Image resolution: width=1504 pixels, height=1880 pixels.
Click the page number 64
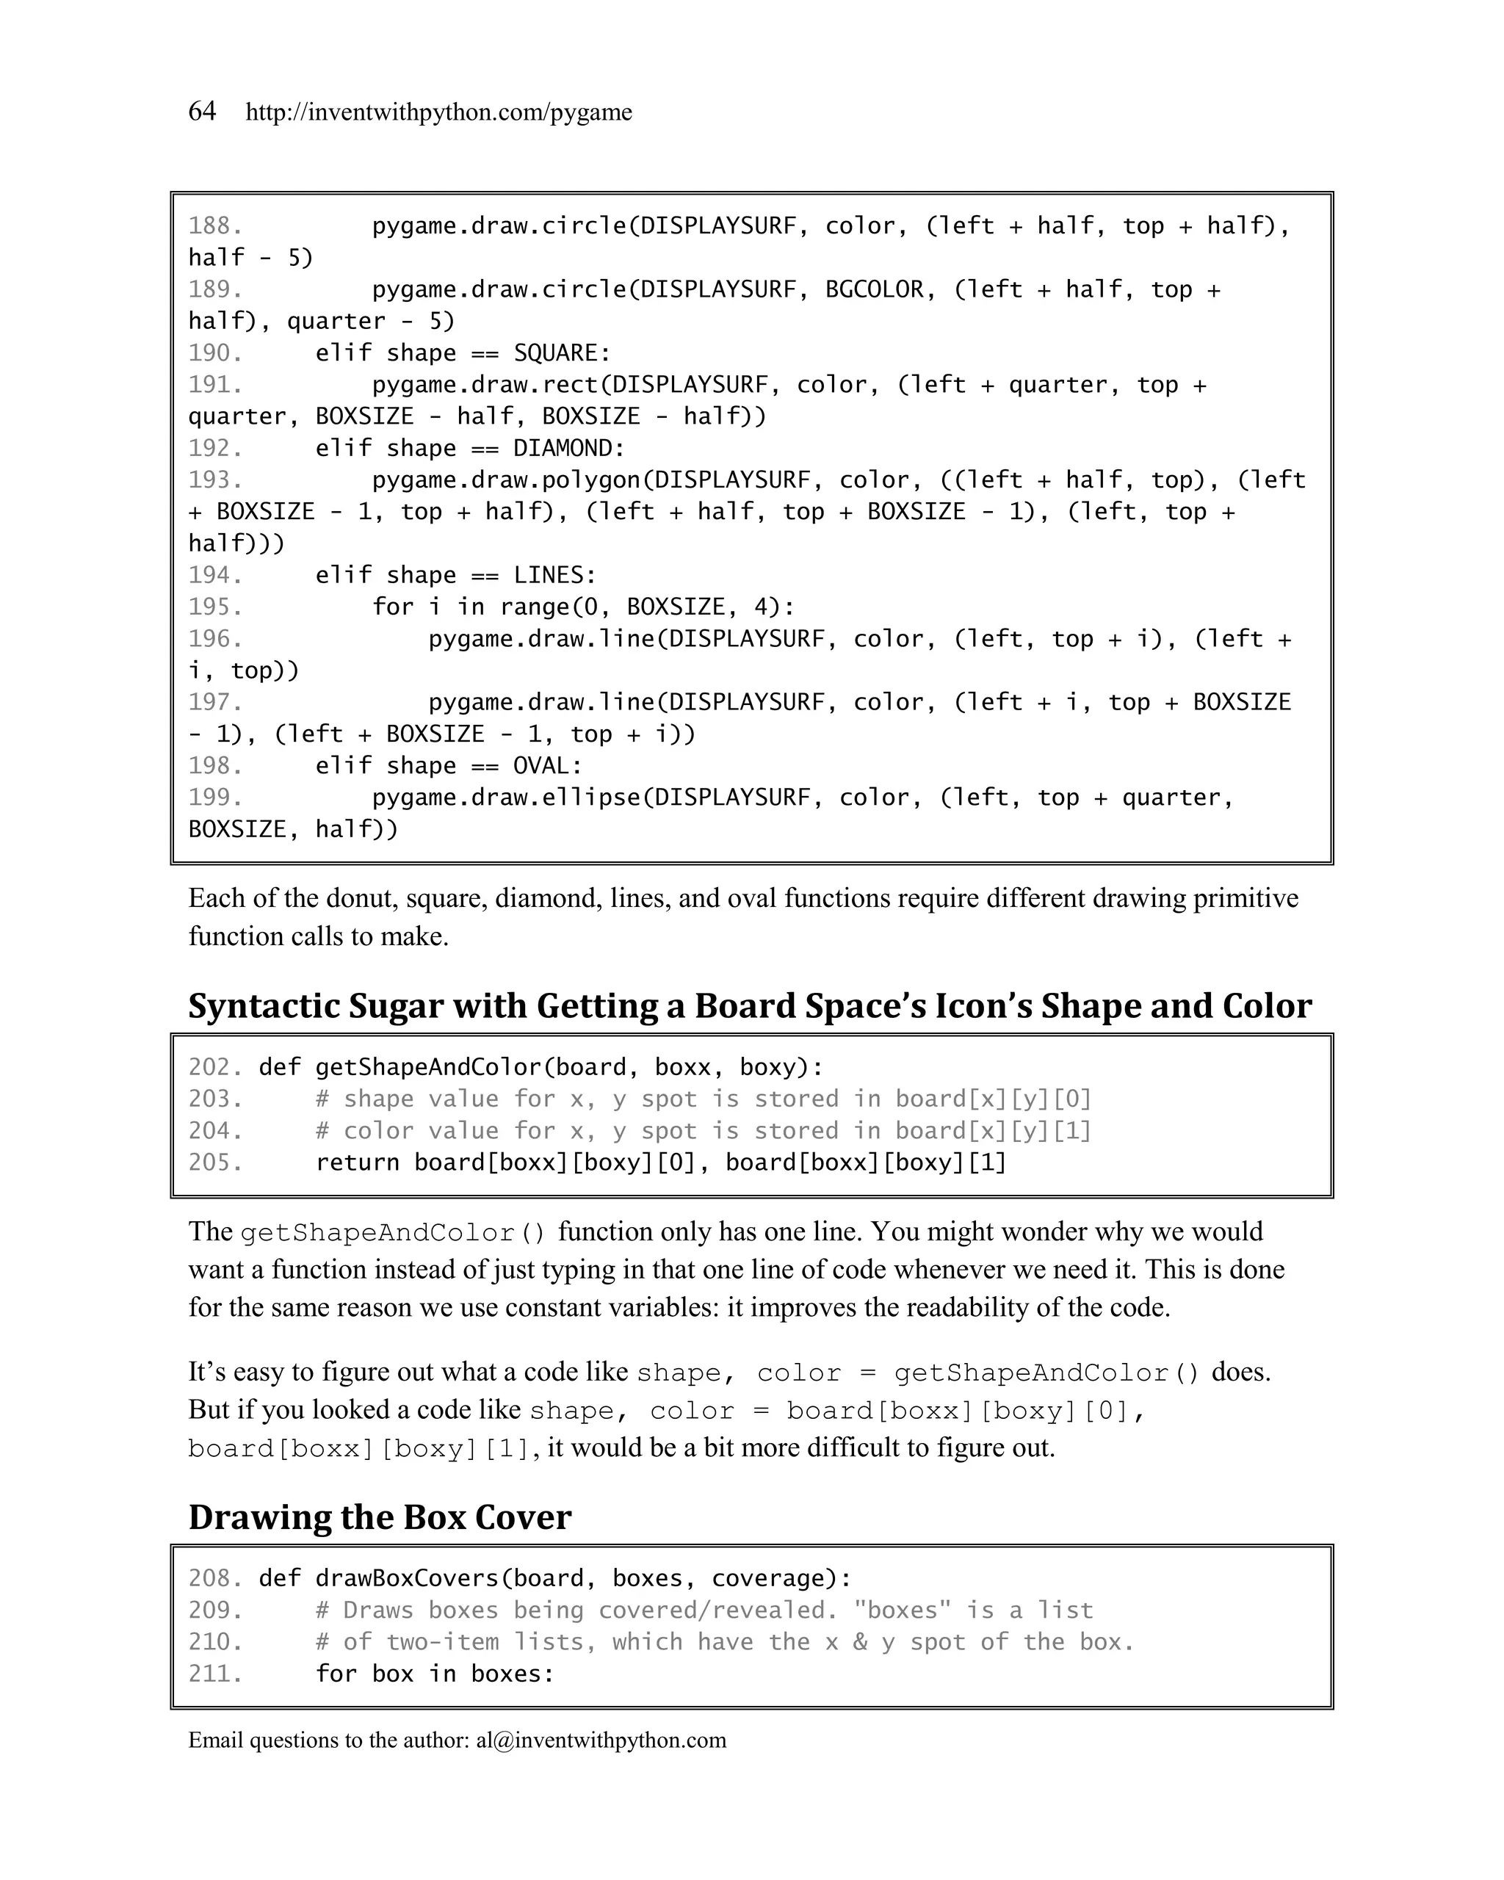201,111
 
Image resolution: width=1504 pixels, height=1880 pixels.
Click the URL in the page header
438,112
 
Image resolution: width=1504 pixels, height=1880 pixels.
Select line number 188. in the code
214,226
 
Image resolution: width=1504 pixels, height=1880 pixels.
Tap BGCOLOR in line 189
874,289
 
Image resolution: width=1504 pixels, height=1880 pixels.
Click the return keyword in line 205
358,1163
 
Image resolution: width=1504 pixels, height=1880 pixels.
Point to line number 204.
214,1131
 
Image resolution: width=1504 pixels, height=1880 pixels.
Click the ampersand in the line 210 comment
860,1642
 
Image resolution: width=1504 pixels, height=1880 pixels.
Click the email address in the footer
601,1740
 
